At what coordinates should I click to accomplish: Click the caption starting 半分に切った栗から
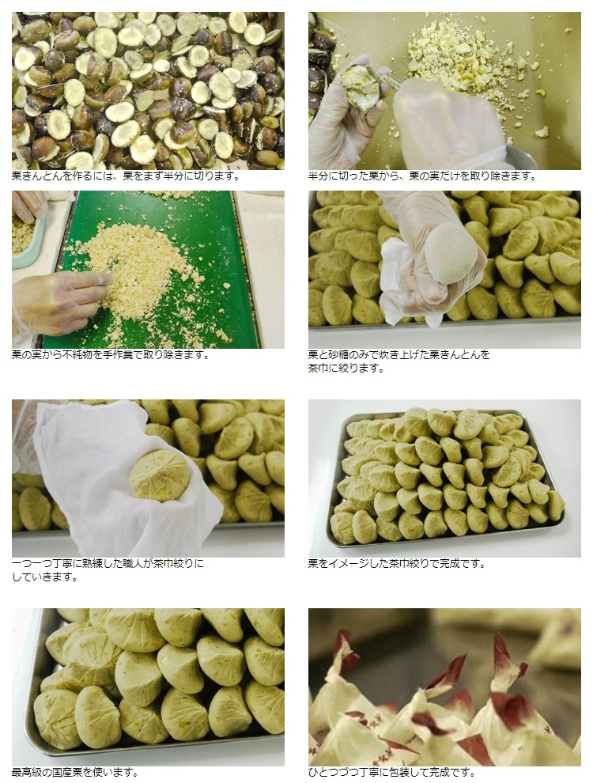[x=421, y=176]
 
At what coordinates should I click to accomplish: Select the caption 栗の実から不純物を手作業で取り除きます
[x=111, y=354]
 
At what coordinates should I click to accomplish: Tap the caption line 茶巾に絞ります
[x=346, y=368]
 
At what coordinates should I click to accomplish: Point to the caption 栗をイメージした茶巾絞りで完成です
[x=397, y=563]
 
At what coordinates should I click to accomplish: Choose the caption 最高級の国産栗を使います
[x=75, y=772]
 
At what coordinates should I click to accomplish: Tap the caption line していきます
[x=45, y=577]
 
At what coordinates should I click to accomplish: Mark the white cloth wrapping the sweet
[x=120, y=479]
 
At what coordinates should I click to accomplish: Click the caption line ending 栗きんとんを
[x=398, y=354]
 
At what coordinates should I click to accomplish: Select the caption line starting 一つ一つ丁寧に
[x=108, y=563]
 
